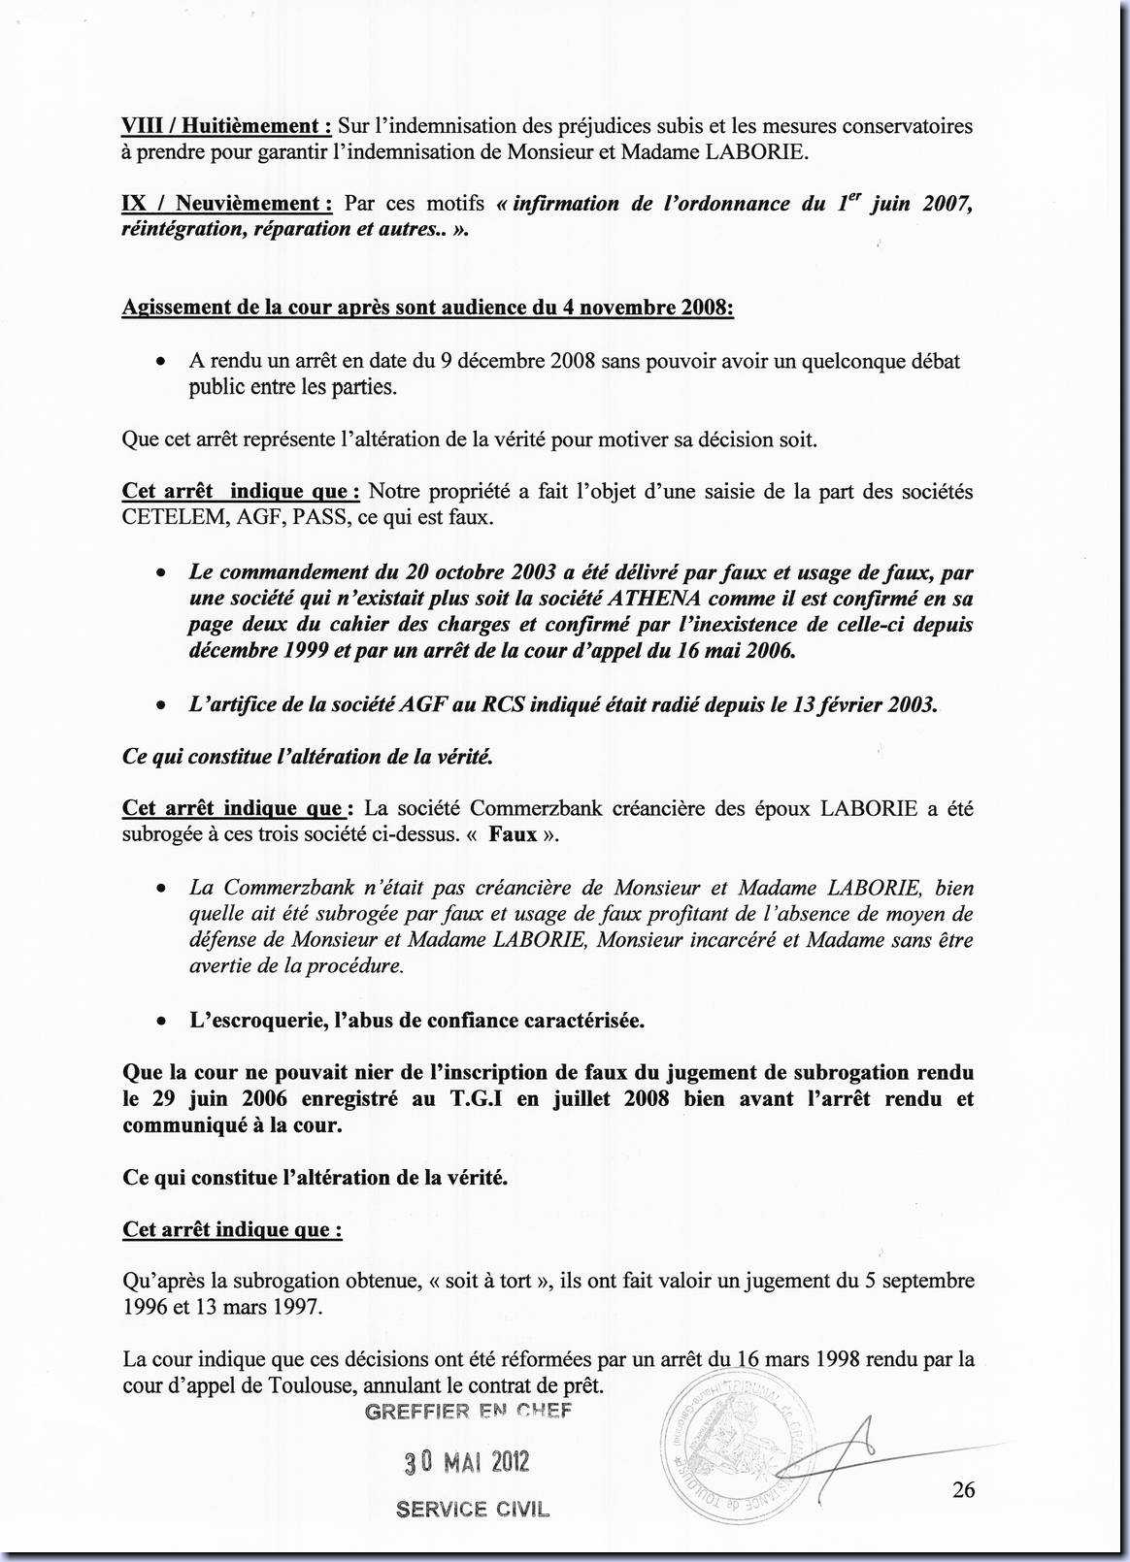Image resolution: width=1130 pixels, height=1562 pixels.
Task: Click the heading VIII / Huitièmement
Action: pyautogui.click(x=226, y=126)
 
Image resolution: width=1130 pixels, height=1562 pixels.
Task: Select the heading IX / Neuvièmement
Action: pyautogui.click(x=226, y=204)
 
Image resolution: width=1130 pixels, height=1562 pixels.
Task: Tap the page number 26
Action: pyautogui.click(x=963, y=1490)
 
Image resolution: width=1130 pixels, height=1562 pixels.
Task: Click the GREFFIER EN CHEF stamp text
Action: pyautogui.click(x=468, y=1412)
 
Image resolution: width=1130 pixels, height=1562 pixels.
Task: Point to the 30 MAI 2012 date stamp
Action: pyautogui.click(x=467, y=1462)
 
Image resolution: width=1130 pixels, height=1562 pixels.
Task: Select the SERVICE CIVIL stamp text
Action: pyautogui.click(x=472, y=1510)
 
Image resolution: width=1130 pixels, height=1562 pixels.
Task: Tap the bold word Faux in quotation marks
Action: pyautogui.click(x=513, y=835)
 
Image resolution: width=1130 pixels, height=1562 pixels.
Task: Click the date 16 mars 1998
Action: pyautogui.click(x=799, y=1359)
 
